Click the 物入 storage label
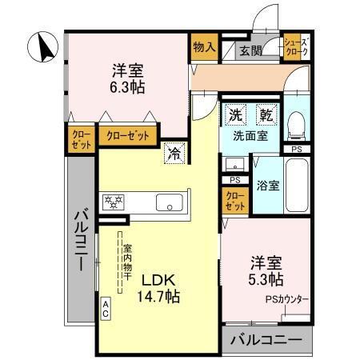(x=204, y=47)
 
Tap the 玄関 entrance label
(x=250, y=50)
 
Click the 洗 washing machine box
(x=235, y=114)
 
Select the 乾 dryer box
(x=264, y=114)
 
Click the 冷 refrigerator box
(x=173, y=152)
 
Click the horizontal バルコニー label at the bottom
(x=266, y=340)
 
